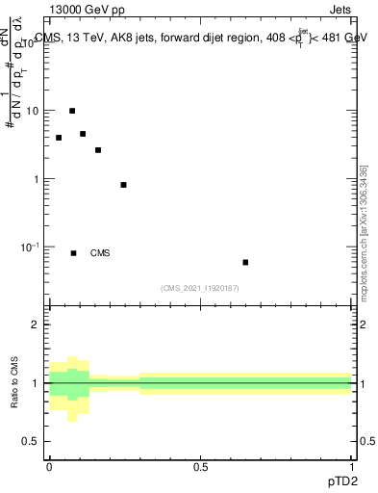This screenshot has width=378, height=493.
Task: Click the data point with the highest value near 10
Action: pos(72,111)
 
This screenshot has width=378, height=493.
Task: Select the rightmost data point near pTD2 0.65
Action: pos(245,262)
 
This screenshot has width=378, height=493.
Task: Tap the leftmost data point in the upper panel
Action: pos(59,138)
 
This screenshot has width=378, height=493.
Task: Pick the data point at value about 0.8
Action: pos(123,185)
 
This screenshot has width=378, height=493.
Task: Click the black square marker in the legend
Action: pos(73,253)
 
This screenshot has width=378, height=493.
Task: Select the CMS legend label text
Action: pos(100,253)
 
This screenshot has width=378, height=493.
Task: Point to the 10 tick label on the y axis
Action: pos(33,111)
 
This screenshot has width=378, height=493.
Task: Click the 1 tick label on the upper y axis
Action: pos(37,179)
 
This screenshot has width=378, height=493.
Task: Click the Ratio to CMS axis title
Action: pos(15,383)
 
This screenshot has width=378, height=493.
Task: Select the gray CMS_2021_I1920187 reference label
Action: pos(200,288)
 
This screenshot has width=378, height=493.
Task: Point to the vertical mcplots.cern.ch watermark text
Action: pos(364,231)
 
